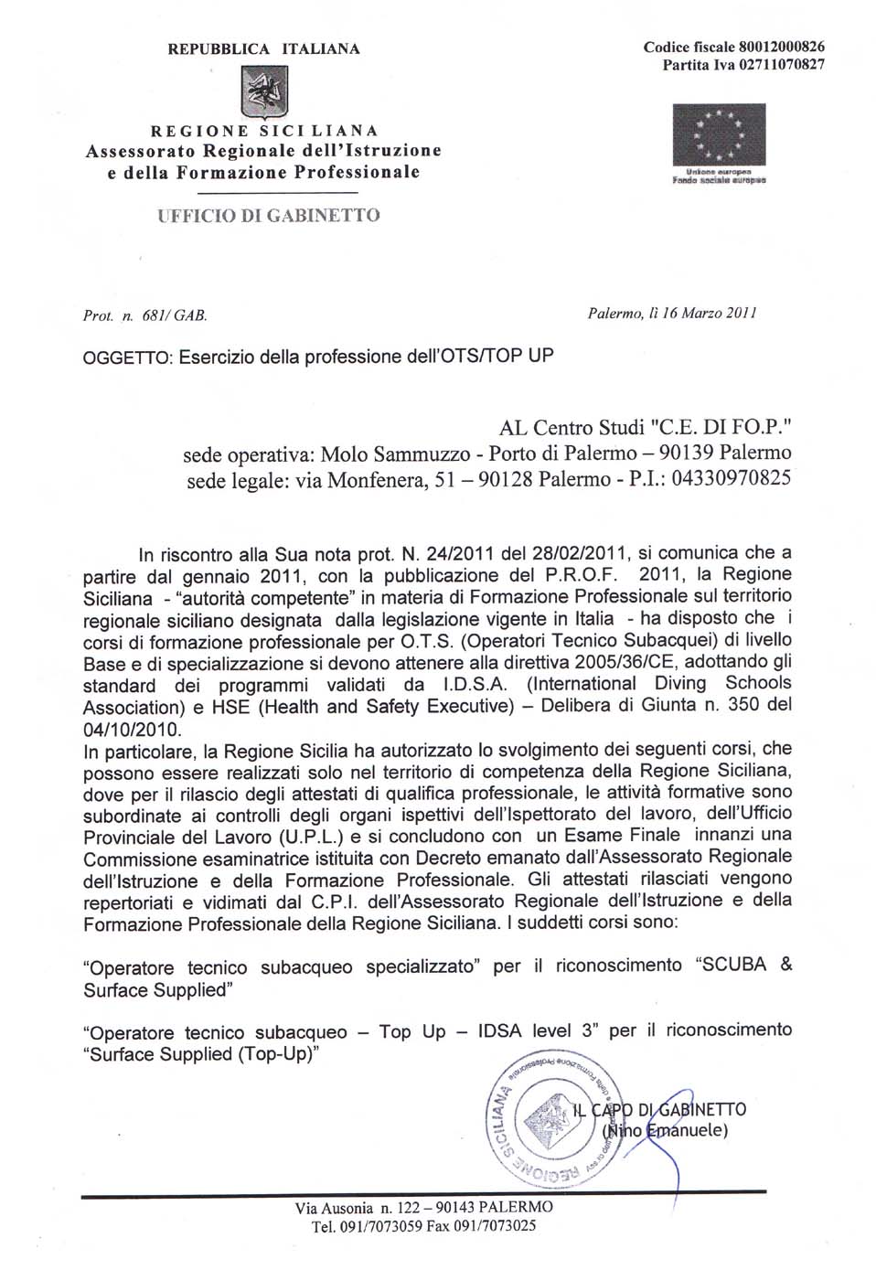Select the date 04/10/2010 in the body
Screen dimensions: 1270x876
(x=132, y=729)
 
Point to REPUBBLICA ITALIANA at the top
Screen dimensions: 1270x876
(x=263, y=48)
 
